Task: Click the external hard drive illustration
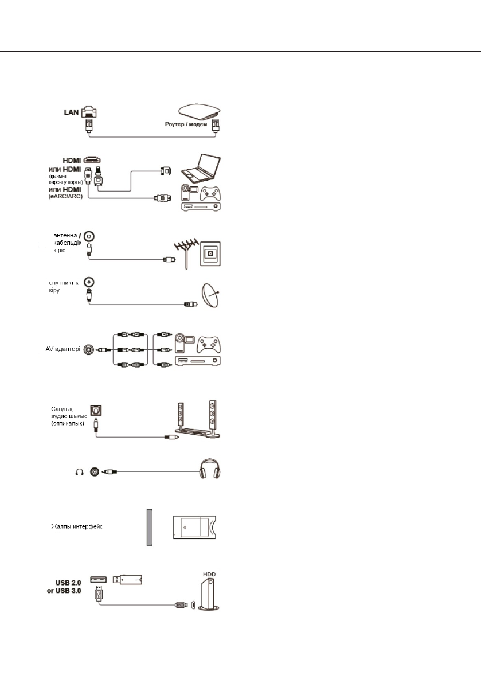(209, 596)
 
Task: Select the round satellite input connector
(88, 282)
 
